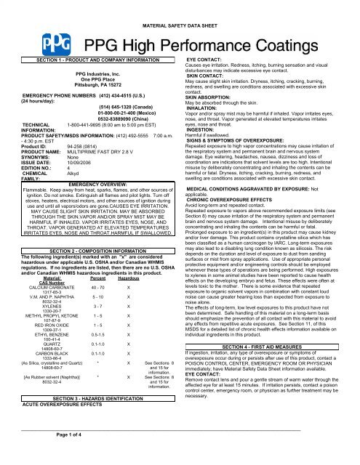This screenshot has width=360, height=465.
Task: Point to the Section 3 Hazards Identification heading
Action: (x=94, y=400)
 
